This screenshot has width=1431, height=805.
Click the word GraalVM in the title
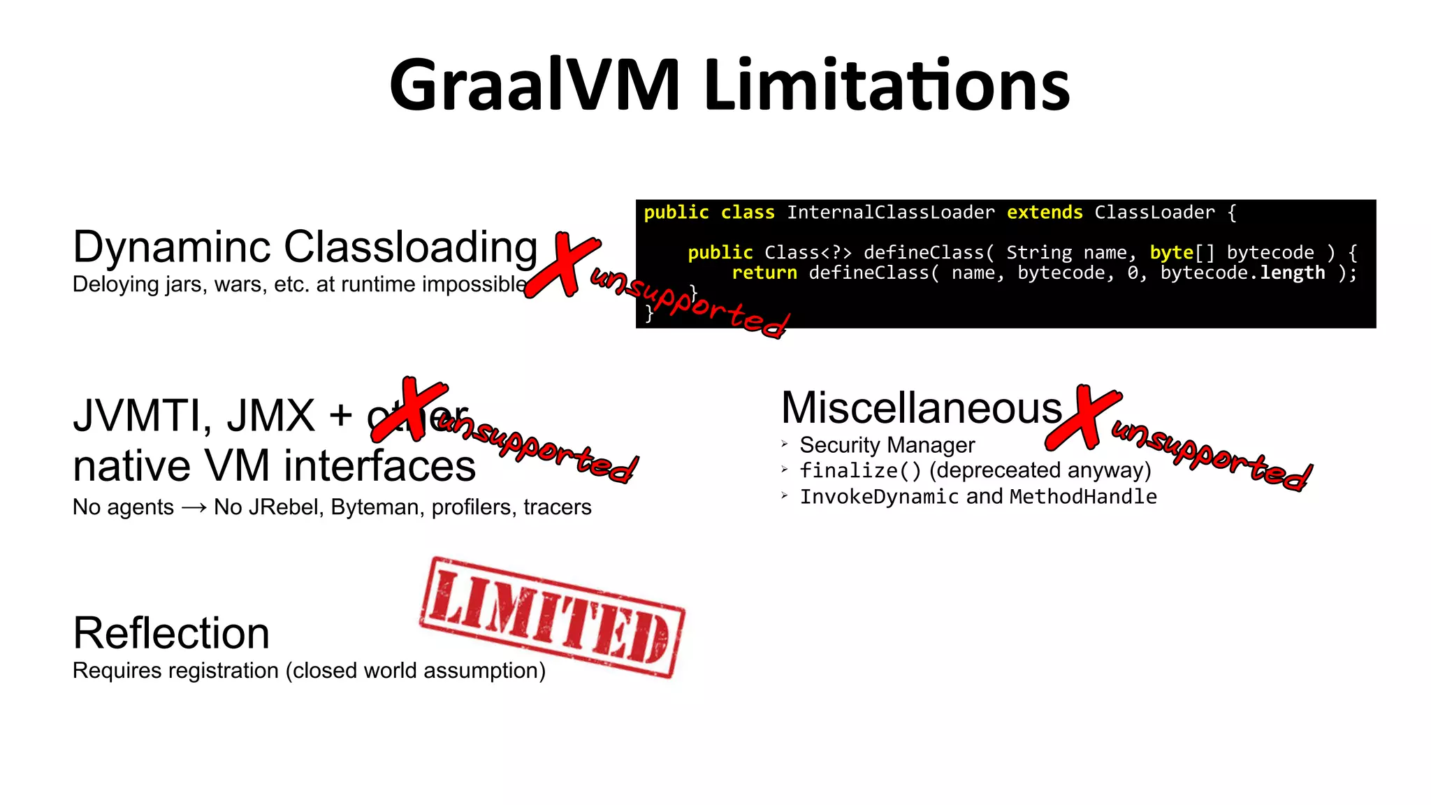535,85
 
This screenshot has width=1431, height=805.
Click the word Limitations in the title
887,85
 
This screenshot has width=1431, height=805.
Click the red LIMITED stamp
552,617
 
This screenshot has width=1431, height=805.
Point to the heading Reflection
171,633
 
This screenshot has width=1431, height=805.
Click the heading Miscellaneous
921,408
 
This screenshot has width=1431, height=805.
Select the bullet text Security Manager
887,445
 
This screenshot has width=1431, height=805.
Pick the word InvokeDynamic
879,497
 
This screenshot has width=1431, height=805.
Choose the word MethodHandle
1083,497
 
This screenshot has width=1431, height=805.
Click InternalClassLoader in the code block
891,212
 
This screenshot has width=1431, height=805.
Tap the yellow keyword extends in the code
1045,212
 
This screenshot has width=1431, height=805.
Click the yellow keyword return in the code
764,273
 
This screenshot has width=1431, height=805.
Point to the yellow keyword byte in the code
1171,252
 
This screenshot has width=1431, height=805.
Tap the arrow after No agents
194,508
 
